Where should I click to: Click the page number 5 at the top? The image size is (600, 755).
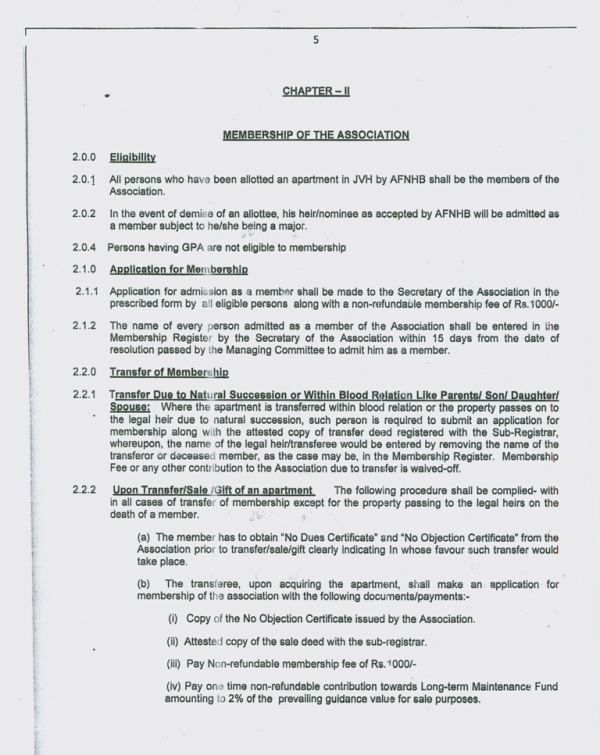tap(316, 40)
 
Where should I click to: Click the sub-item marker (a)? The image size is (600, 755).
tap(144, 537)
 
